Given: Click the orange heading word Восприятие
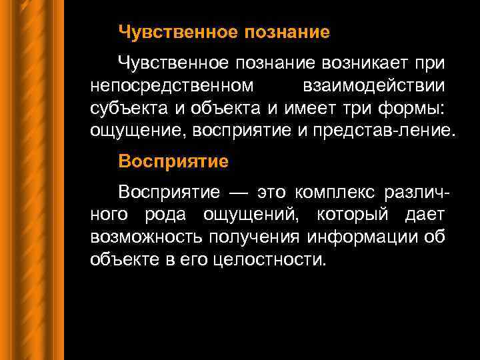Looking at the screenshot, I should click(x=173, y=161).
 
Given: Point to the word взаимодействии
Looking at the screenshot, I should click(x=375, y=86).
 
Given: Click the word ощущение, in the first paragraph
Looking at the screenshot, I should click(x=138, y=130).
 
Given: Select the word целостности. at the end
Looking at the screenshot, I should click(x=270, y=259).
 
